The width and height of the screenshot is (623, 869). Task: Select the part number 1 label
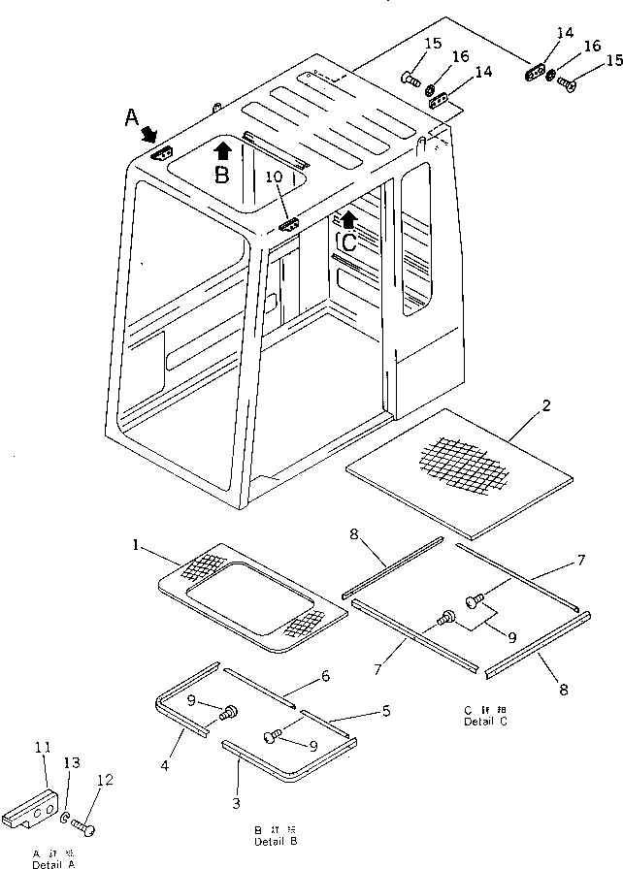[x=137, y=545]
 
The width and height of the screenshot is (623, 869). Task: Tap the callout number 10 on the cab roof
[x=275, y=178]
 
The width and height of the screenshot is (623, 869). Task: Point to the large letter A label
[x=132, y=117]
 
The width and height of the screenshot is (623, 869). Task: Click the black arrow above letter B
[x=222, y=149]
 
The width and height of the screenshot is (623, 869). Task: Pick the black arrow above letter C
[x=348, y=218]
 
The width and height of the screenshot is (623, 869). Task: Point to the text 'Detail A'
[x=53, y=863]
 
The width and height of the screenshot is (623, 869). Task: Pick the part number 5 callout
[x=386, y=711]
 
